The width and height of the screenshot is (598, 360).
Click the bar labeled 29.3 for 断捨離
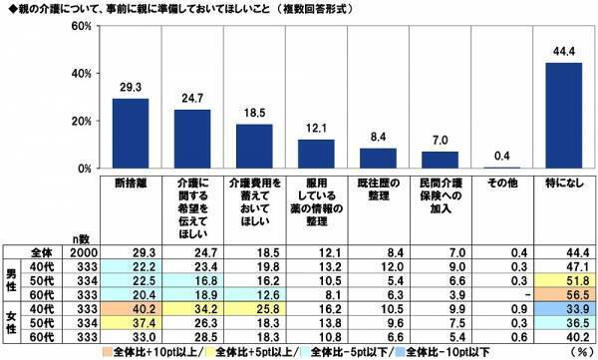130,134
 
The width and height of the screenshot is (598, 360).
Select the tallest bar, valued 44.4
562,116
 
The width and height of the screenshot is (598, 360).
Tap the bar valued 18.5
253,147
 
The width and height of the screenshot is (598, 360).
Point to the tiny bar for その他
500,168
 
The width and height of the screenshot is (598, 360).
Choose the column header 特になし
562,183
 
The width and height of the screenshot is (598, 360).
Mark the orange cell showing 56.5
562,296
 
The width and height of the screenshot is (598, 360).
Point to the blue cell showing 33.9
562,310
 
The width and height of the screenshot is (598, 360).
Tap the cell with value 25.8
253,310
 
